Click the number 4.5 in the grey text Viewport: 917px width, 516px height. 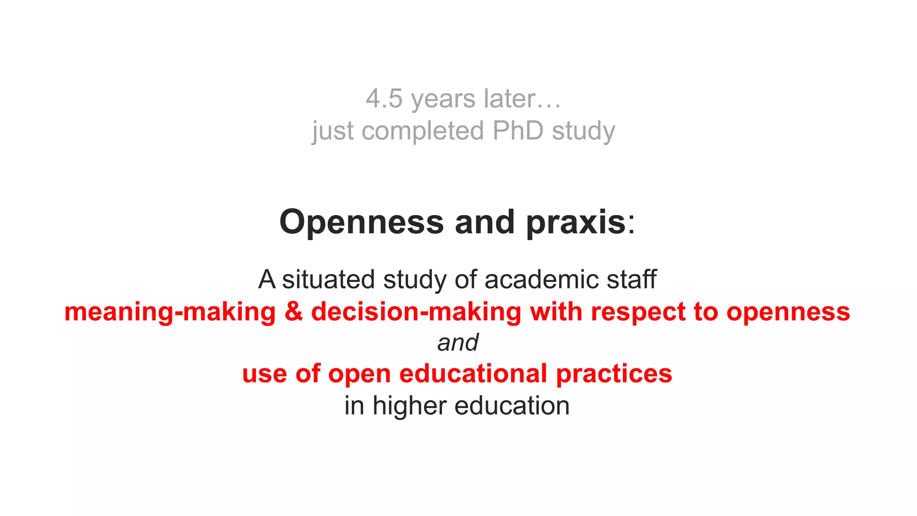click(384, 99)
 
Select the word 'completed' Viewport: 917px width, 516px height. click(423, 131)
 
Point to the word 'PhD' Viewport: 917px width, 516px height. click(518, 131)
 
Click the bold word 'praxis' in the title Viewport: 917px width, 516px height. click(576, 223)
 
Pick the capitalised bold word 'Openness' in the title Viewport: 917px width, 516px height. click(361, 223)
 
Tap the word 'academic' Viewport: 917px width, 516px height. click(541, 279)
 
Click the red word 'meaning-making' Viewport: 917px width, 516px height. click(170, 312)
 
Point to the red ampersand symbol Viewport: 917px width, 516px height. click(293, 312)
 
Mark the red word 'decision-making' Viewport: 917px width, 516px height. click(416, 312)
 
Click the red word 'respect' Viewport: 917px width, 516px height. click(638, 312)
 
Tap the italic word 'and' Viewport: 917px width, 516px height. click(458, 343)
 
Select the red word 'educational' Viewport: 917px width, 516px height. click(473, 374)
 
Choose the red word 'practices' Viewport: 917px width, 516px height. click(614, 374)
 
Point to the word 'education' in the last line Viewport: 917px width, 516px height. click(512, 406)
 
